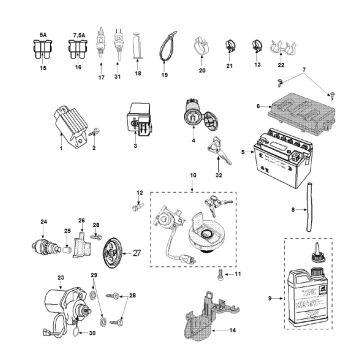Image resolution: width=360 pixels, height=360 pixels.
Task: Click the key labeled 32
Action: pyautogui.click(x=218, y=153)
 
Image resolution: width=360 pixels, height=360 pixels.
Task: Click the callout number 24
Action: pyautogui.click(x=43, y=220)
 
